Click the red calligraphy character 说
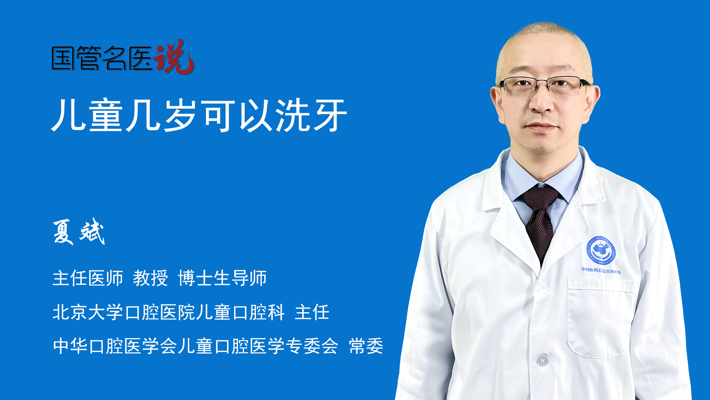pyautogui.click(x=174, y=57)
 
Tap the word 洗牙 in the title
pyautogui.click(x=311, y=116)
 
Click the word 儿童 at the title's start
pyautogui.click(x=87, y=116)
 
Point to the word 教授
pyautogui.click(x=151, y=278)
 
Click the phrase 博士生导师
pyautogui.click(x=222, y=278)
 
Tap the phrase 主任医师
pyautogui.click(x=88, y=278)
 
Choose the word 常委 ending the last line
pyautogui.click(x=366, y=346)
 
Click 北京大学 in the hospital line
pyautogui.click(x=88, y=312)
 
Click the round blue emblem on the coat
pyautogui.click(x=601, y=251)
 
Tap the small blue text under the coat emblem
pyautogui.click(x=601, y=271)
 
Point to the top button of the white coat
pyautogui.click(x=543, y=287)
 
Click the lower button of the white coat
pyautogui.click(x=542, y=360)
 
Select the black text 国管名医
pyautogui.click(x=102, y=58)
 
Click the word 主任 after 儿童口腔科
pyautogui.click(x=312, y=312)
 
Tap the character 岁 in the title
pyautogui.click(x=180, y=116)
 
